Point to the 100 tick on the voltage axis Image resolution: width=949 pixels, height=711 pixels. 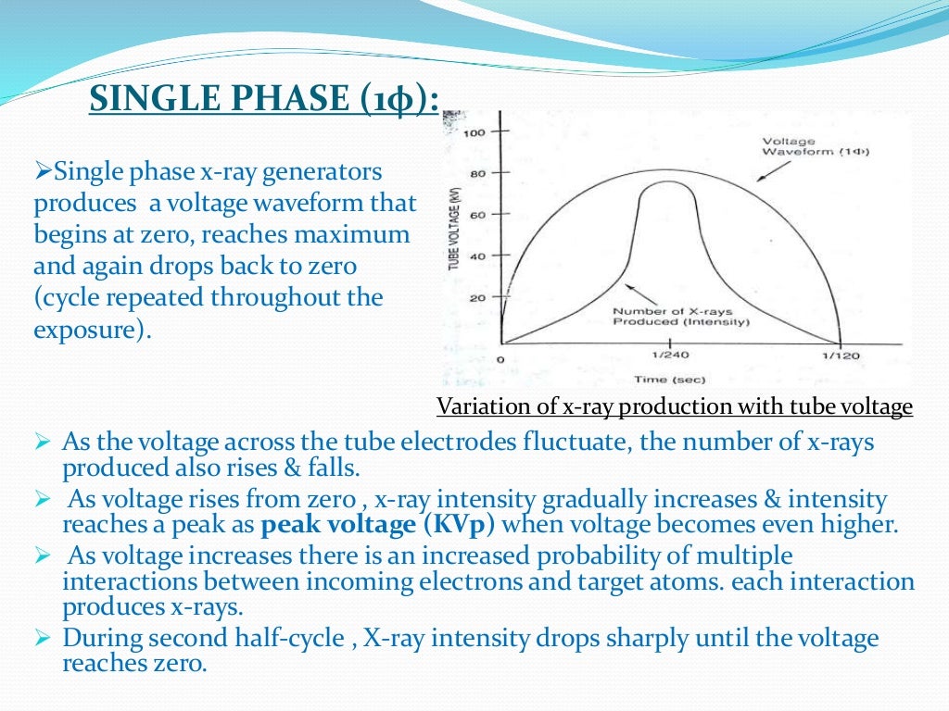(475, 132)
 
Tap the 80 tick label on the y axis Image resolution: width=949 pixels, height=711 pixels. (478, 173)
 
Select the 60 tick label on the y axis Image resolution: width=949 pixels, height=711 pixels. (478, 215)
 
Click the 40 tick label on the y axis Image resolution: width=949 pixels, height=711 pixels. (478, 256)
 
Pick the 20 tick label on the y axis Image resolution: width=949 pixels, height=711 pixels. (478, 298)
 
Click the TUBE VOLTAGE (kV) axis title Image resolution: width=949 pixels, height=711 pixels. (455, 231)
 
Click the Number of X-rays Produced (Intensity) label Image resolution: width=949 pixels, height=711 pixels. (680, 317)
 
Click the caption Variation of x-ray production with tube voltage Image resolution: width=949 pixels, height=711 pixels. (674, 407)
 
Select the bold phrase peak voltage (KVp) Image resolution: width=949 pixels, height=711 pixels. (378, 525)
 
